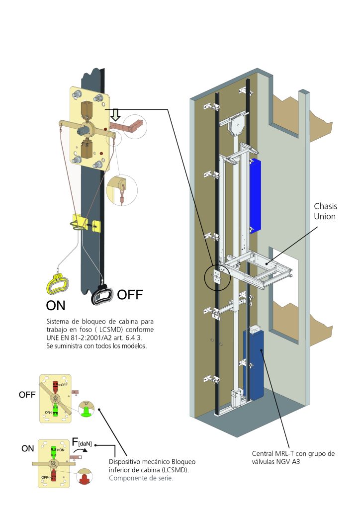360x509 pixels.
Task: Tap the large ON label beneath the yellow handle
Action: [x=55, y=304]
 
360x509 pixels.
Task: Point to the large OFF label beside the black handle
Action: [x=130, y=295]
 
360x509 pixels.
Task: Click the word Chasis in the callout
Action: [x=325, y=206]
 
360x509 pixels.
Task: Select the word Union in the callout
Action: [x=325, y=217]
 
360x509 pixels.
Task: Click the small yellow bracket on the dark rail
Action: [x=87, y=223]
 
